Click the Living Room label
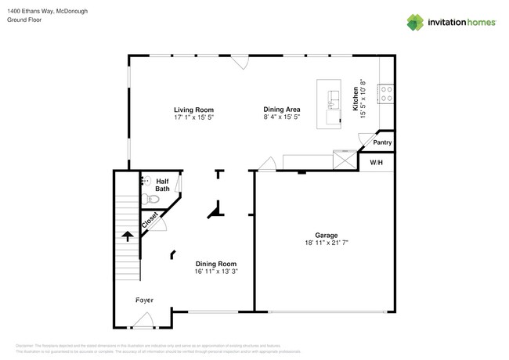(x=193, y=110)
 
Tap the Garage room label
(x=326, y=235)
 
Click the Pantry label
(x=382, y=142)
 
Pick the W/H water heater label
(x=376, y=162)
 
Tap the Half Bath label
(x=162, y=185)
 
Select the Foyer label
(x=144, y=300)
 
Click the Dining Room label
(x=215, y=264)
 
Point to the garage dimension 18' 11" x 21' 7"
(x=326, y=243)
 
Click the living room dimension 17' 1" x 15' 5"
(x=193, y=117)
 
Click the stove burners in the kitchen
(x=385, y=94)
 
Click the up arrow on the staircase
(x=126, y=235)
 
